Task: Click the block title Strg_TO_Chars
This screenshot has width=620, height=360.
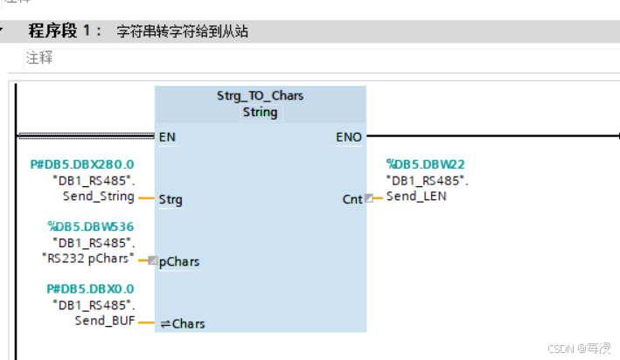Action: [260, 95]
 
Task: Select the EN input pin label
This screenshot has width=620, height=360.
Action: [167, 137]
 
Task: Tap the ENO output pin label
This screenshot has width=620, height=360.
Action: [348, 137]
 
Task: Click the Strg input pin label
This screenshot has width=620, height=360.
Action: [171, 200]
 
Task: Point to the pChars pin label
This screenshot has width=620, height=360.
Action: [178, 261]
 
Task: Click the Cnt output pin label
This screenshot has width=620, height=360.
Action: [352, 200]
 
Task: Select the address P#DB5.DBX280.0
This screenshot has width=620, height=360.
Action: [83, 164]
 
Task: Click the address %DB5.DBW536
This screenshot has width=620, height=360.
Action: [90, 226]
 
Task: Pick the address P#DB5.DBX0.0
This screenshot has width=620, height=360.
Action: [90, 289]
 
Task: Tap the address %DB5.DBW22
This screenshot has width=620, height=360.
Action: [425, 163]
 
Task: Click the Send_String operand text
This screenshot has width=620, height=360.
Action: [99, 197]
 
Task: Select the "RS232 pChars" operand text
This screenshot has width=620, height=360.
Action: [88, 259]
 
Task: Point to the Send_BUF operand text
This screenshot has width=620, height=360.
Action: [104, 321]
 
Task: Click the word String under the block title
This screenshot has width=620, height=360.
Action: [260, 112]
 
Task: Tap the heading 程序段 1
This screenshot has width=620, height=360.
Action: [65, 32]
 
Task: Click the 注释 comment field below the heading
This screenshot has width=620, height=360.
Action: [39, 58]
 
